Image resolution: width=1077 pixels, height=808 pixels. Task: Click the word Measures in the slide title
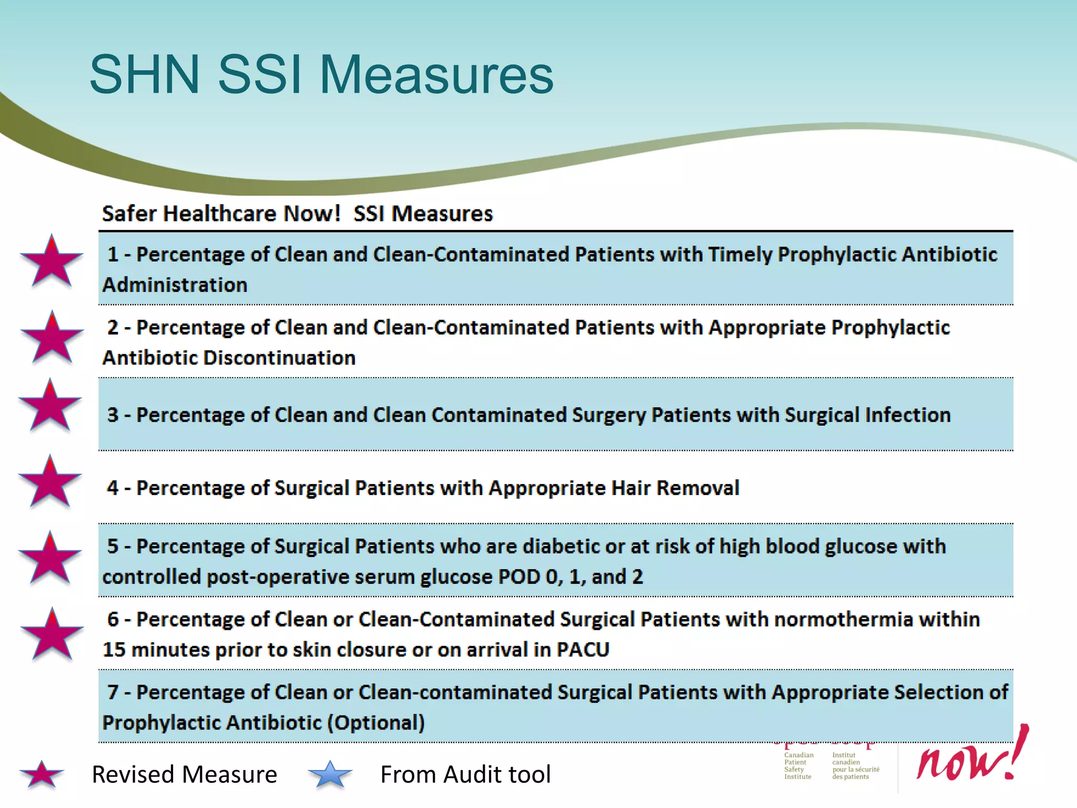point(436,75)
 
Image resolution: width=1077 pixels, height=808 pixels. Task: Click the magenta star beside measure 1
point(52,262)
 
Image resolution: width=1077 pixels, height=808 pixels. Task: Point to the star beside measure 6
point(52,635)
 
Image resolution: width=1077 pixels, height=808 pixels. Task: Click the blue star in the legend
point(330,775)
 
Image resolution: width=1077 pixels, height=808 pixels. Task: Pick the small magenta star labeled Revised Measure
point(42,775)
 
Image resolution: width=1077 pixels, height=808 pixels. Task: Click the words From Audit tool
point(465,774)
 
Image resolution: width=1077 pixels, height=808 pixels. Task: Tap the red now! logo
point(973,757)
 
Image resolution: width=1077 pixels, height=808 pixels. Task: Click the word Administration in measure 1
point(175,285)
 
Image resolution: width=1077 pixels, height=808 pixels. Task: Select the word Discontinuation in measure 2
point(279,358)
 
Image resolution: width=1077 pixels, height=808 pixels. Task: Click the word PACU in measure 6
point(583,650)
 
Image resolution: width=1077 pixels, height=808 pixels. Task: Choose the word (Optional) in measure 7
point(375,723)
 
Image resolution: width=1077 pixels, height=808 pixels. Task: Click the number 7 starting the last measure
point(113,692)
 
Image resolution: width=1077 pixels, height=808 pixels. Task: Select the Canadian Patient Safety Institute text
point(798,766)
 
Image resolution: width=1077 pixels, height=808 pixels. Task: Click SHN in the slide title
point(145,75)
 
